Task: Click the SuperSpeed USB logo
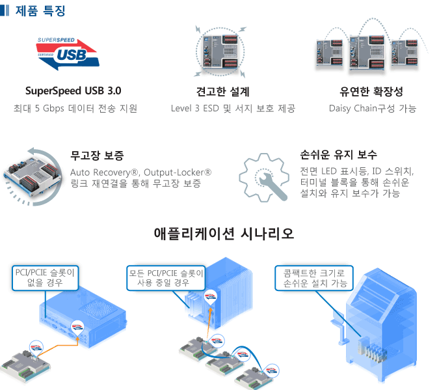pyautogui.click(x=67, y=53)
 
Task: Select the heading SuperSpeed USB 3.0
pyautogui.click(x=73, y=91)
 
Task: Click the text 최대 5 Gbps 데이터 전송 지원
pyautogui.click(x=75, y=109)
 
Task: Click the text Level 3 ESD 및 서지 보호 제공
pyautogui.click(x=233, y=109)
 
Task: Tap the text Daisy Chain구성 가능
pyautogui.click(x=373, y=109)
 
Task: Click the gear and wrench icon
pyautogui.click(x=263, y=177)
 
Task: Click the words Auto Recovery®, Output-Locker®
pyautogui.click(x=140, y=172)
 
